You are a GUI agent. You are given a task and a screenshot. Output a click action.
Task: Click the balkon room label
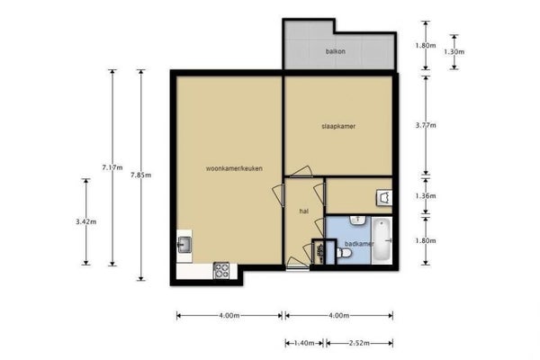tap(336, 51)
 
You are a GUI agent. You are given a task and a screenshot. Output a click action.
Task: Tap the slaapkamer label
tap(338, 126)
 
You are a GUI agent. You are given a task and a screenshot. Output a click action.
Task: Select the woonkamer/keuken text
tap(234, 168)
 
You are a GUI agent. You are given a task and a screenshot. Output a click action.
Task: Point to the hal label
tap(304, 211)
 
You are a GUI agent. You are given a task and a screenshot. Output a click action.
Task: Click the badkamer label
tap(359, 244)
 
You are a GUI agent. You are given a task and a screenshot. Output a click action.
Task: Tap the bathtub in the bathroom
tap(382, 240)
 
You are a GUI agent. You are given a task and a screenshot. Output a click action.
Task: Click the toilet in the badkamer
tap(344, 253)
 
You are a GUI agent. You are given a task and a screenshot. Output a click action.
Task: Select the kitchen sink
tap(184, 245)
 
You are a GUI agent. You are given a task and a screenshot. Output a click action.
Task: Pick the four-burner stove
tap(221, 270)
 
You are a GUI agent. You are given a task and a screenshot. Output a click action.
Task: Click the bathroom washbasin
tap(358, 220)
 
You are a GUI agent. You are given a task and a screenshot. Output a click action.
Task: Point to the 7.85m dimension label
tap(141, 175)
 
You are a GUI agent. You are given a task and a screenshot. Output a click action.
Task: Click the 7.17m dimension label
tap(112, 167)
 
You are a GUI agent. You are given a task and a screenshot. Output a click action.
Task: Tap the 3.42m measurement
tap(86, 222)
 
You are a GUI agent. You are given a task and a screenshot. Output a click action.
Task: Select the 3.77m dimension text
tap(426, 125)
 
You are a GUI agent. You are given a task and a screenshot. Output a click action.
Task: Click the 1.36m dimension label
tap(426, 196)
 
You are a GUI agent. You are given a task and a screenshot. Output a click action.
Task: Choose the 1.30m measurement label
tap(454, 52)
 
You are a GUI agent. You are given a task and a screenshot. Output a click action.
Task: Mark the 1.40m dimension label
tap(304, 343)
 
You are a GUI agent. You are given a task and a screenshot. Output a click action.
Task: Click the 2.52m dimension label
tap(359, 343)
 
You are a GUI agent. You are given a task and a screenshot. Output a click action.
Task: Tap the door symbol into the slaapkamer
tap(301, 172)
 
